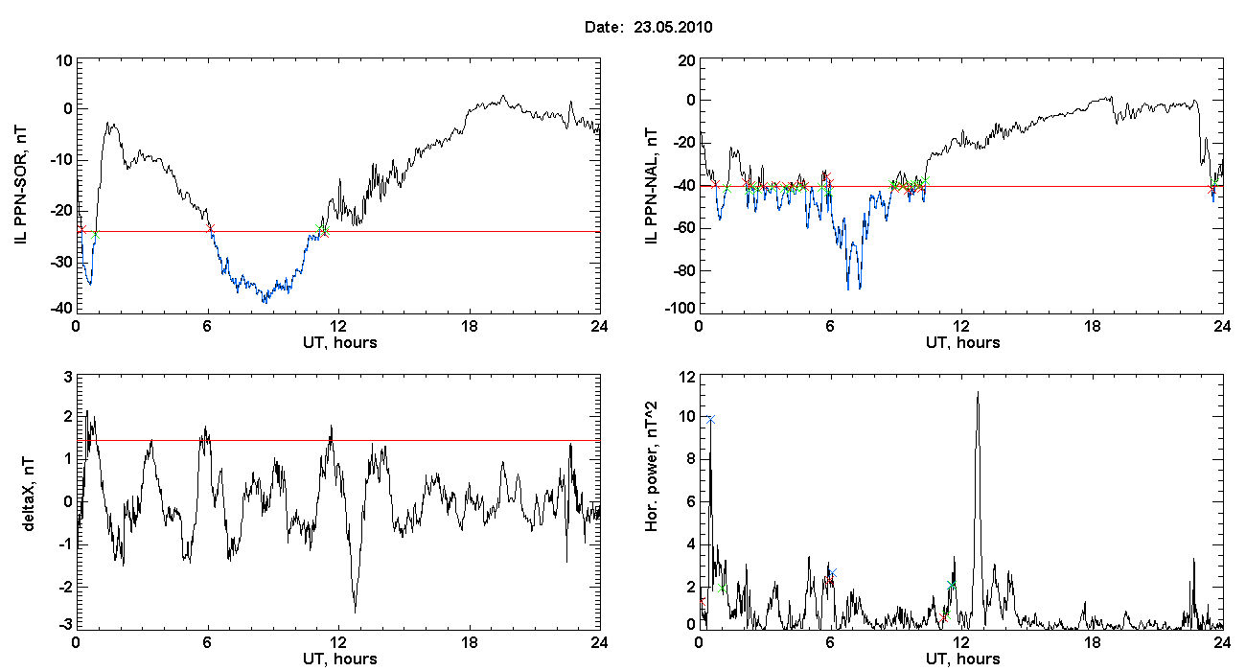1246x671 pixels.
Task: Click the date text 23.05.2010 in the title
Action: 673,27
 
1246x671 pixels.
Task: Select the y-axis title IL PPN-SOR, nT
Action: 20,186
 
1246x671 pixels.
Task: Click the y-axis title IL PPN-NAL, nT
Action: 652,186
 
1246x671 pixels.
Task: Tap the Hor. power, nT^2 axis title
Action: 652,466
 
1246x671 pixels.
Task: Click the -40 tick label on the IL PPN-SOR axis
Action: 61,308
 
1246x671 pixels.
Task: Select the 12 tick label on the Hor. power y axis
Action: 687,378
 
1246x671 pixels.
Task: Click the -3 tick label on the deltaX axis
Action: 65,625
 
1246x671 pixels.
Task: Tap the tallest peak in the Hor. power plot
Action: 978,392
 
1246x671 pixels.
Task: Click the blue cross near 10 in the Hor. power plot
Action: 710,420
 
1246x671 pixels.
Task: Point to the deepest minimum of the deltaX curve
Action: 355,612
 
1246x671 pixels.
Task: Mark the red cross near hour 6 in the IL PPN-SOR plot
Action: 210,228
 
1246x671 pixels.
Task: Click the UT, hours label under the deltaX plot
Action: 340,659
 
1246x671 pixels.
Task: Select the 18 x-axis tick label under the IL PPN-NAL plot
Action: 1093,326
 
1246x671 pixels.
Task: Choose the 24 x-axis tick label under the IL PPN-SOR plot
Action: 600,326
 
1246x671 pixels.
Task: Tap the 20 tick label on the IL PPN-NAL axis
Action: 687,60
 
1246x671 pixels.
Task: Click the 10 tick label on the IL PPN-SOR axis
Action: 65,60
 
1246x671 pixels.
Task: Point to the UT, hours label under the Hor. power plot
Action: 963,659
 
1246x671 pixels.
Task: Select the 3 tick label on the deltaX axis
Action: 68,378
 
